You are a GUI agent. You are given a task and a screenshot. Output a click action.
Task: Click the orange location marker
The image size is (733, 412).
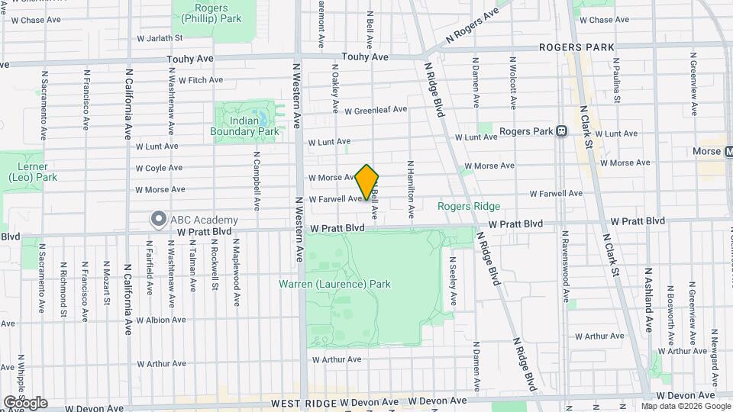pos(367,182)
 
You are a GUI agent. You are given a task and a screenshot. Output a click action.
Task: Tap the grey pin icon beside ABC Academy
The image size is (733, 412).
pos(158,220)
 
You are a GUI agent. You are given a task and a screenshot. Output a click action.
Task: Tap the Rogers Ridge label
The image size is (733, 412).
pos(469,206)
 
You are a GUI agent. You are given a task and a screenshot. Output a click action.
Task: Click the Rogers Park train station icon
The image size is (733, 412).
pos(560,131)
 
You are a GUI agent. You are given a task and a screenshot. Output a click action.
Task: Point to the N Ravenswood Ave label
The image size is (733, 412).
pos(566,264)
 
